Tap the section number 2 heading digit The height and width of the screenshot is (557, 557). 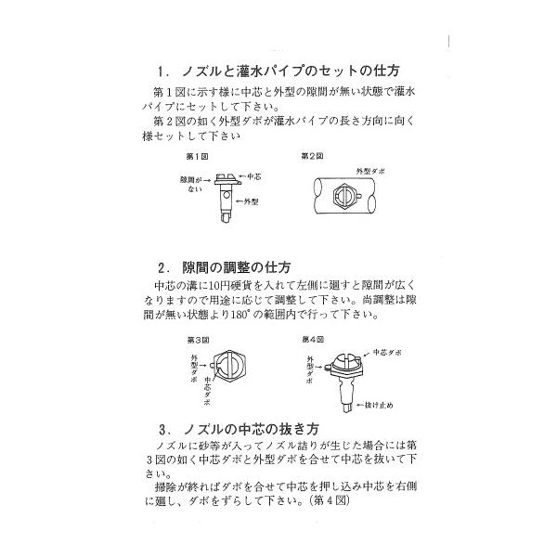[x=162, y=266]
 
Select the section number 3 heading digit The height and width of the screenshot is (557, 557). [x=162, y=431]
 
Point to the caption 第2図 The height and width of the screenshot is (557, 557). [x=310, y=155]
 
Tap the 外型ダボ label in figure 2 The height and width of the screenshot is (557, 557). [x=372, y=172]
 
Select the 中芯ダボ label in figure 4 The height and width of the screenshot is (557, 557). [x=386, y=354]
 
